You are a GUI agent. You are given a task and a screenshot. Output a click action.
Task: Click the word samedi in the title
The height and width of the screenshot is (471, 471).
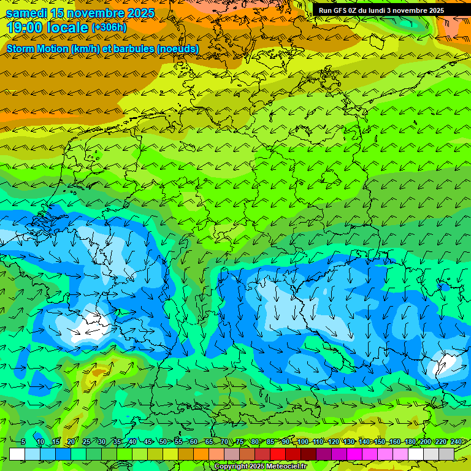click(26, 13)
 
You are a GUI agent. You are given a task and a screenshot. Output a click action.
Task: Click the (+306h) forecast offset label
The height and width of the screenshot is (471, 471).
click(109, 28)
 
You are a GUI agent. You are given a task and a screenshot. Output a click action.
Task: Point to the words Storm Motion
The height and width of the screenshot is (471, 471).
click(36, 48)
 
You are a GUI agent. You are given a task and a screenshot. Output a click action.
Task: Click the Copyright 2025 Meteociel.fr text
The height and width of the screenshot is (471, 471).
click(261, 467)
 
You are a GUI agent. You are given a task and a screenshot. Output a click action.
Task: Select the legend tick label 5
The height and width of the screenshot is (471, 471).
click(23, 442)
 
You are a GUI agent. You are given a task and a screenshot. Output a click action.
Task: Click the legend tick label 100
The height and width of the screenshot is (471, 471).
click(302, 442)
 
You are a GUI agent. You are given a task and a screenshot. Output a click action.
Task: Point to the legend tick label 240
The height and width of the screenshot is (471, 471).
click(456, 442)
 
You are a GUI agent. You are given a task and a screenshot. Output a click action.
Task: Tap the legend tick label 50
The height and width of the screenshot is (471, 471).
click(163, 442)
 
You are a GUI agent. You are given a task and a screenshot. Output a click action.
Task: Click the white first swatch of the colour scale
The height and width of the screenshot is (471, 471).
click(17, 454)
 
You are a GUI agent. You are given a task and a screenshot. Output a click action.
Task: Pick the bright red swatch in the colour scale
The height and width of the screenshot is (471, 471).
click(278, 454)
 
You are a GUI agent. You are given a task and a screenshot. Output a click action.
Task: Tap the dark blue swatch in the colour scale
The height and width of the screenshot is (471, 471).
click(63, 454)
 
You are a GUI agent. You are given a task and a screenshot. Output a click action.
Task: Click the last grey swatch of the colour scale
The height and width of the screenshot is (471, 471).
click(446, 454)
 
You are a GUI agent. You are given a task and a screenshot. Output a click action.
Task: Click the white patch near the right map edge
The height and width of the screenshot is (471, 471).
click(446, 363)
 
